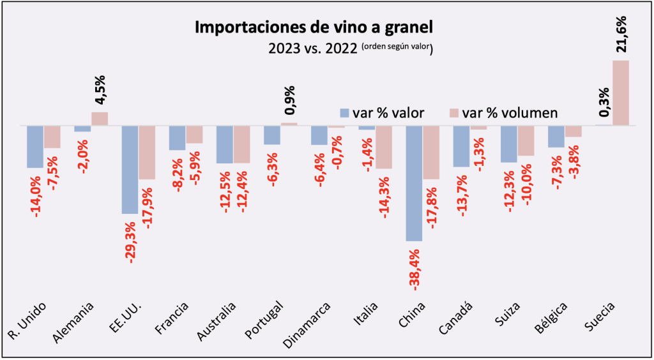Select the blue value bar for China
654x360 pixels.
click(414, 183)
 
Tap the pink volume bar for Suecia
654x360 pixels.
click(620, 93)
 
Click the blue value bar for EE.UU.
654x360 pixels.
click(130, 169)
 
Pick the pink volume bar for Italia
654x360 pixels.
click(383, 147)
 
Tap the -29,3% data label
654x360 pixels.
click(130, 243)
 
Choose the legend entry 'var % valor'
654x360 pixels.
click(382, 113)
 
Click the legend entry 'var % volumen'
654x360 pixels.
click(504, 113)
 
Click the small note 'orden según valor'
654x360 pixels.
click(395, 47)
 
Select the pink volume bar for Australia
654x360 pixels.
click(241, 144)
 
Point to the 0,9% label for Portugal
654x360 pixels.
click(289, 100)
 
